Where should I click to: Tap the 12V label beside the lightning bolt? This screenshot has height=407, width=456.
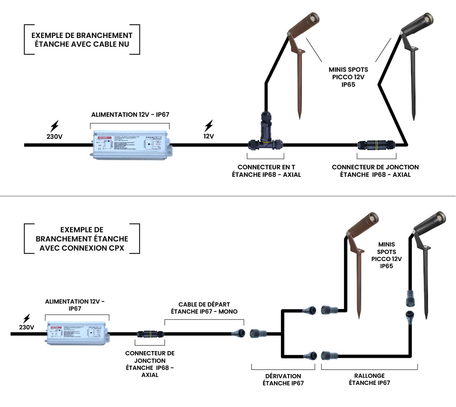pyautogui.click(x=208, y=136)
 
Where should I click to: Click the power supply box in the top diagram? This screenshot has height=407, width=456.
pyautogui.click(x=130, y=144)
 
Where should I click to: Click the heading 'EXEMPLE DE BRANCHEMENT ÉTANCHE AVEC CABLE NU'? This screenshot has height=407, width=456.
pyautogui.click(x=82, y=40)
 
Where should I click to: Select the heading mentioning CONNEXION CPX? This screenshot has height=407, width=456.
pyautogui.click(x=82, y=239)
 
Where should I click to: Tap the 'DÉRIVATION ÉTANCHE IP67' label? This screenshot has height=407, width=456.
pyautogui.click(x=282, y=379)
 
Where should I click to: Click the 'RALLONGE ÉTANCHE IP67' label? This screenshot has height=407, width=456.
pyautogui.click(x=370, y=379)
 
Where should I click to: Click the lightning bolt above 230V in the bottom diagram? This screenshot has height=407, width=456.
pyautogui.click(x=27, y=318)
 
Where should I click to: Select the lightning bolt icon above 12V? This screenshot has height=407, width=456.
pyautogui.click(x=209, y=125)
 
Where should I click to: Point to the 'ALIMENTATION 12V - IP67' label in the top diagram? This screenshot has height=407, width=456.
pyautogui.click(x=130, y=114)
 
